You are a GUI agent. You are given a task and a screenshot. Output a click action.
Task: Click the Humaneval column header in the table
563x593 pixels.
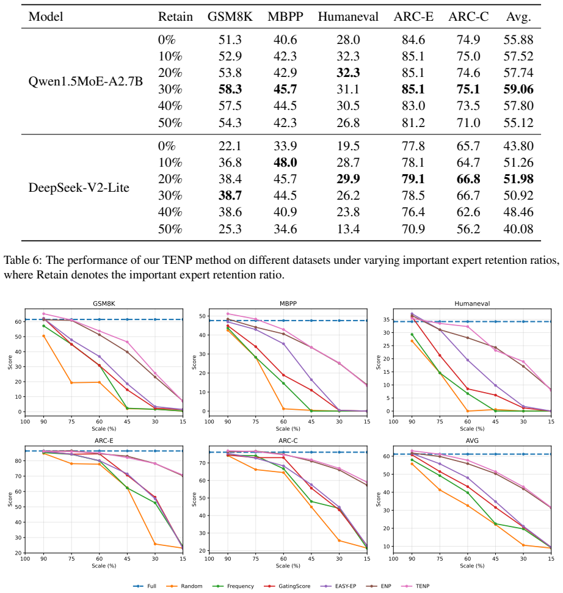click(x=348, y=16)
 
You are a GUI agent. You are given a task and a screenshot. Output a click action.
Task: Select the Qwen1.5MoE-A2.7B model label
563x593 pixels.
click(x=85, y=81)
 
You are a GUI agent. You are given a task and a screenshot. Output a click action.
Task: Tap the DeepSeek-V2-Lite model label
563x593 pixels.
click(x=79, y=187)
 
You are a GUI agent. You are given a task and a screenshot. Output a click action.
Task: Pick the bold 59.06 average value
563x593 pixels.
click(x=518, y=89)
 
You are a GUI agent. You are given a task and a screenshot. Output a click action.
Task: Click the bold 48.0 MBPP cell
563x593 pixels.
click(x=285, y=162)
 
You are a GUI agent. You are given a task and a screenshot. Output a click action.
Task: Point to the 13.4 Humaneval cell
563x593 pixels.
click(x=348, y=229)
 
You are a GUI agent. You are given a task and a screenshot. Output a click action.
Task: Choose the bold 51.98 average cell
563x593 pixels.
click(x=518, y=179)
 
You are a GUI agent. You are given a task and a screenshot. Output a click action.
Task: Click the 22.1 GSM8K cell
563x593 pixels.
click(x=230, y=146)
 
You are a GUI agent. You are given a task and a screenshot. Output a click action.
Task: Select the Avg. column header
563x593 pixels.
click(x=518, y=17)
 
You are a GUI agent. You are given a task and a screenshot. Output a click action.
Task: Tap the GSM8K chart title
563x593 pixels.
click(x=104, y=304)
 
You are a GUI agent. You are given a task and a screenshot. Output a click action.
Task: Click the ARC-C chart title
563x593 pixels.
click(x=288, y=440)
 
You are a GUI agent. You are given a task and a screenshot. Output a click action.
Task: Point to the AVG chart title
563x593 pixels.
click(x=472, y=440)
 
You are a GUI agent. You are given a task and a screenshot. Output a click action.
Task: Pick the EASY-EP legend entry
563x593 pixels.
click(x=339, y=586)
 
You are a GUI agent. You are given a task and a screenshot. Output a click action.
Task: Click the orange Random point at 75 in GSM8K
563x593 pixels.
click(x=71, y=383)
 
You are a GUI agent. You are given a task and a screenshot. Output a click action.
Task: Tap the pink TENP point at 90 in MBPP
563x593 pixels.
click(x=228, y=313)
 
